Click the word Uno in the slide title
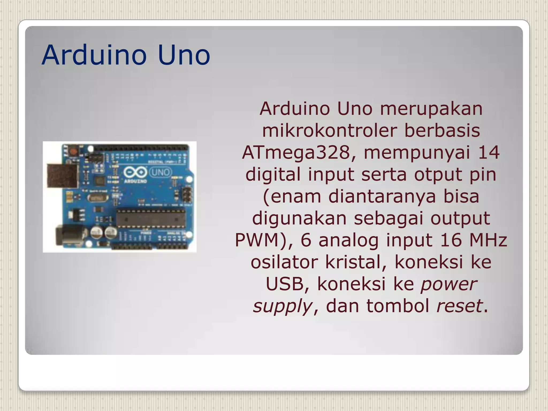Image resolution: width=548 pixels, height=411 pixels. point(184,55)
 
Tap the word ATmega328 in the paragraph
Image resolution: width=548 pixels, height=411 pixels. point(296,153)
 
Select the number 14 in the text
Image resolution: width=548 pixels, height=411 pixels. point(489,153)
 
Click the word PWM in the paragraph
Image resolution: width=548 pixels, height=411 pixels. point(257,240)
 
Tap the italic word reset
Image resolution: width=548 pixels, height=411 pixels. point(459,306)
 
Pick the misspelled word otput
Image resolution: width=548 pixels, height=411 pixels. point(438,174)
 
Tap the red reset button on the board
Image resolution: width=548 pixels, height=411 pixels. point(73,152)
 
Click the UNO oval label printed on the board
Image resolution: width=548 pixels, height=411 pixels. point(160,172)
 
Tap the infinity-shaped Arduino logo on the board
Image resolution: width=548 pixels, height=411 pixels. point(135,172)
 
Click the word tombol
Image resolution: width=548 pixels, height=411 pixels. point(398,306)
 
